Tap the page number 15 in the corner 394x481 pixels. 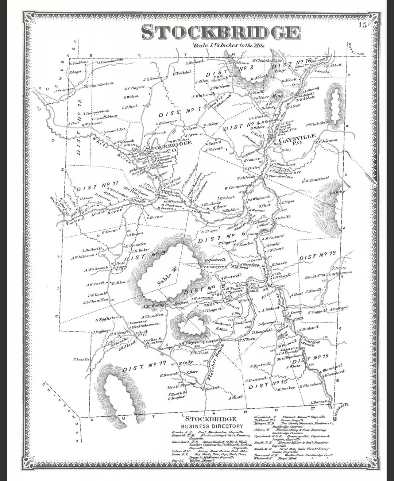(362, 25)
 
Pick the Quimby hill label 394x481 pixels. (336, 192)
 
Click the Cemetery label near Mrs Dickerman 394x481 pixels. (139, 318)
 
